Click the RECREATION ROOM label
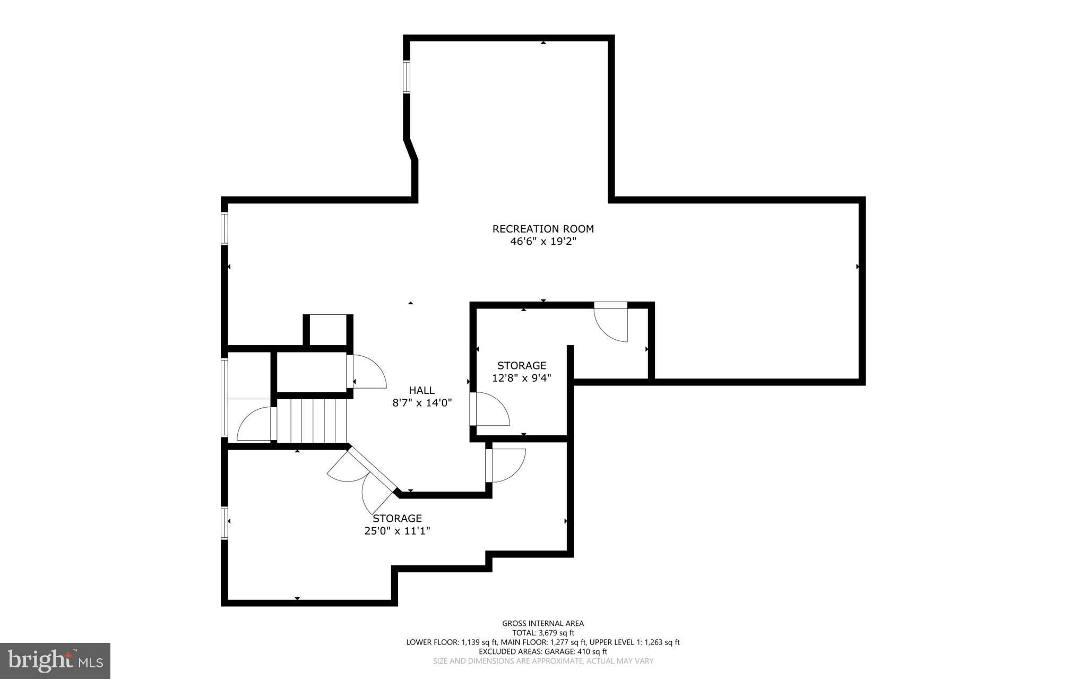click(542, 229)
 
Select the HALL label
click(421, 390)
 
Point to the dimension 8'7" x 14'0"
click(421, 403)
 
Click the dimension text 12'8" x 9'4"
click(521, 378)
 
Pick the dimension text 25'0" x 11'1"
click(396, 531)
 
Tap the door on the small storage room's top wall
click(611, 322)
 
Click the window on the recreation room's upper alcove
click(407, 77)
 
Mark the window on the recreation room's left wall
click(225, 228)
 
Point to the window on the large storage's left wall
click(225, 523)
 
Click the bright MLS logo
click(55, 660)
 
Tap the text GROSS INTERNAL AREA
click(542, 623)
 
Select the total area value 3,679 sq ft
click(556, 633)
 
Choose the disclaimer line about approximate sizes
click(542, 661)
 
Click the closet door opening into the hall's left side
click(367, 372)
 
